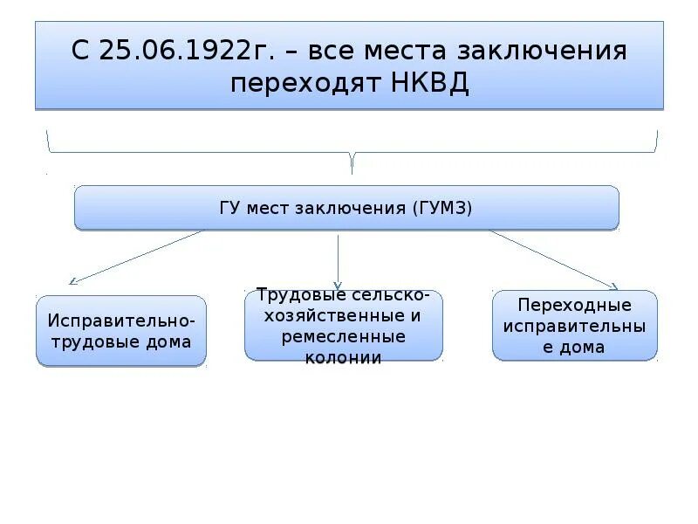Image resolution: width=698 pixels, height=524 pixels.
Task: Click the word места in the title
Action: click(x=406, y=51)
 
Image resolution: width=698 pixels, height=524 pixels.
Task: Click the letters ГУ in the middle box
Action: click(x=230, y=208)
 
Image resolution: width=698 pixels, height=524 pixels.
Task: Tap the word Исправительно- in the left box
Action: click(x=121, y=321)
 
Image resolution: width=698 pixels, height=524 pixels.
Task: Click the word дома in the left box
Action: click(x=169, y=341)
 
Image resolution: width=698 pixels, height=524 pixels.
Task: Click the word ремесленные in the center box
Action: click(x=344, y=336)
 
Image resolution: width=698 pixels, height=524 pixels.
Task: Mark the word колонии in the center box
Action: click(x=344, y=357)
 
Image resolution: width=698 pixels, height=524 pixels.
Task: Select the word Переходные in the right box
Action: click(x=574, y=306)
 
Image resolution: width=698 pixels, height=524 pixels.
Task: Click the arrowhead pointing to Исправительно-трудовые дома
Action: click(x=73, y=281)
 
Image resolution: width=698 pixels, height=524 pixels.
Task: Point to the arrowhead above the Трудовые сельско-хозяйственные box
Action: click(x=338, y=285)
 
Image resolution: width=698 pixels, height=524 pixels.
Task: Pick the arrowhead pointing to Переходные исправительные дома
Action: click(x=613, y=285)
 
